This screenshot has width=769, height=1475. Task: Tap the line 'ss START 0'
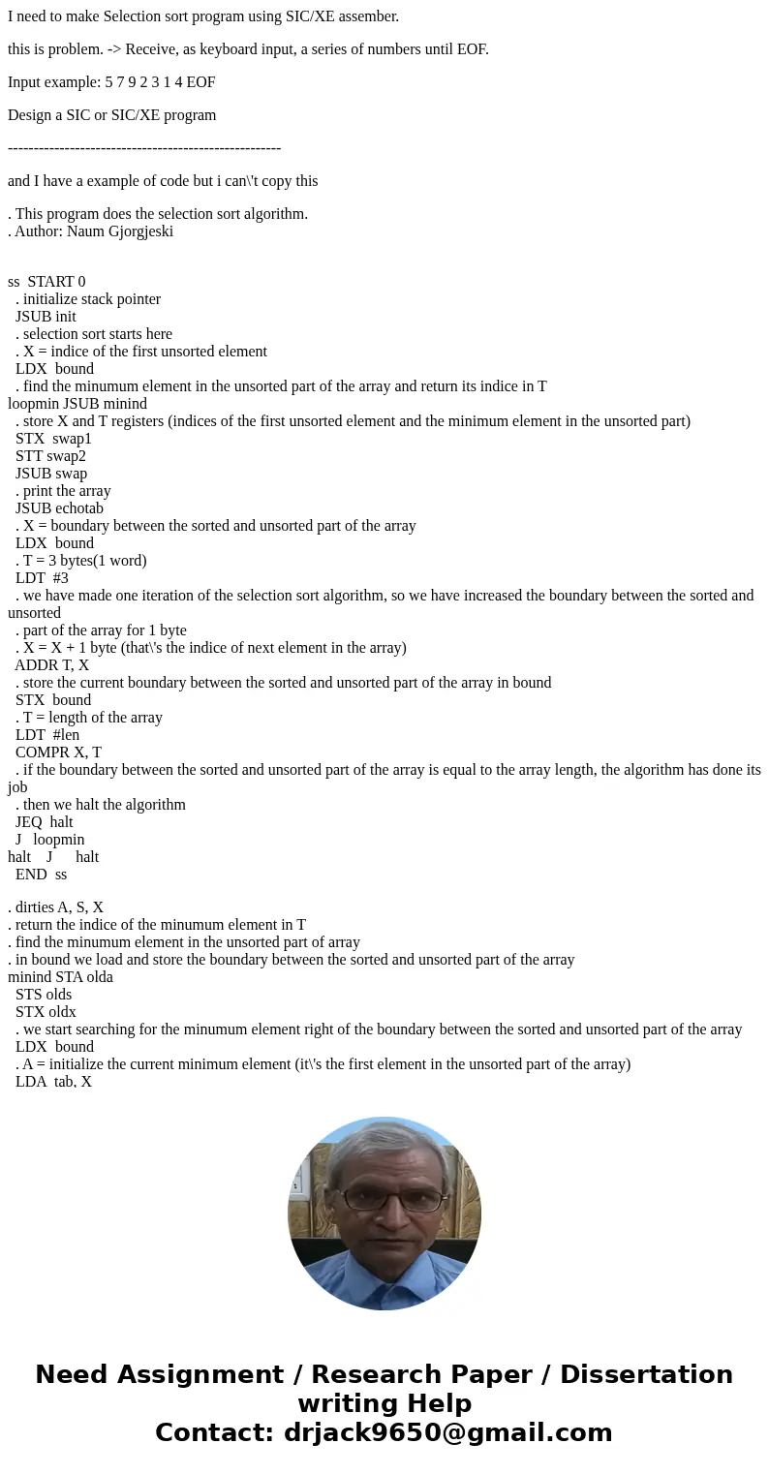click(x=46, y=282)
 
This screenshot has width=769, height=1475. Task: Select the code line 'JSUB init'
click(x=46, y=317)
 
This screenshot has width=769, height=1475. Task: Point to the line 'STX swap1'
click(x=53, y=439)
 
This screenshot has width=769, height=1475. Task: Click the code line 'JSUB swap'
click(x=51, y=474)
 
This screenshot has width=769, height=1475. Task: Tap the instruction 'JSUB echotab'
click(x=59, y=508)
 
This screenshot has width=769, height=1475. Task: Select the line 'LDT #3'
click(x=42, y=578)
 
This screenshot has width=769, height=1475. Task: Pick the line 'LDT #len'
click(x=47, y=735)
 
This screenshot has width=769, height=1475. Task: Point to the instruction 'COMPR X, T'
click(x=58, y=753)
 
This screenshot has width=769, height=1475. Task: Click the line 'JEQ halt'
click(x=44, y=822)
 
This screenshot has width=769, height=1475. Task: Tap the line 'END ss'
click(x=41, y=875)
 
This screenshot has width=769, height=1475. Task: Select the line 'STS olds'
click(x=44, y=995)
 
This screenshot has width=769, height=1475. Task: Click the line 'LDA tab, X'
click(x=53, y=1082)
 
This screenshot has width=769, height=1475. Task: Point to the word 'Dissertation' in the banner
click(x=646, y=1375)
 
